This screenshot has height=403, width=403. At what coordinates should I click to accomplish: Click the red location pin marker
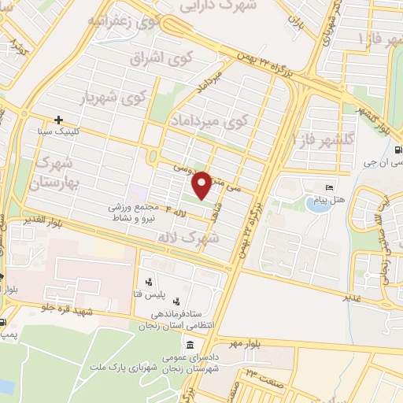click(201, 183)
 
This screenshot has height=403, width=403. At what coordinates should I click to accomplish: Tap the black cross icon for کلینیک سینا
click(59, 120)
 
